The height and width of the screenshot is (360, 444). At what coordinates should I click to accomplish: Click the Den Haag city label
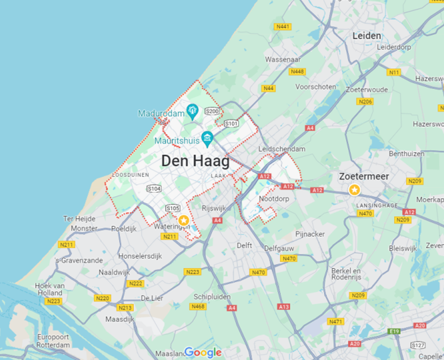195,161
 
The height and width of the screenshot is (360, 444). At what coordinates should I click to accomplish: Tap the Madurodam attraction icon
193,112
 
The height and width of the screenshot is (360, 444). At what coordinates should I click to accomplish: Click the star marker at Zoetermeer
355,189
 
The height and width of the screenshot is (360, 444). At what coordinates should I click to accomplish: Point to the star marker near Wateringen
183,220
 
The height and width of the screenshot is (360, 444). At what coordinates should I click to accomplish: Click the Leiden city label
366,36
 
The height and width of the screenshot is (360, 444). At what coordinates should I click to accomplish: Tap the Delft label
244,246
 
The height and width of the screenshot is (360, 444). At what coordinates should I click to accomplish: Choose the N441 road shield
283,26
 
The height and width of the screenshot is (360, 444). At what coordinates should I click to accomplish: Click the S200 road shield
213,111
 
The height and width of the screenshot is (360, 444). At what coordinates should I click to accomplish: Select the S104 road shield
154,188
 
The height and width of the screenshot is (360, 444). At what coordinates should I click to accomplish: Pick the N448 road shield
297,71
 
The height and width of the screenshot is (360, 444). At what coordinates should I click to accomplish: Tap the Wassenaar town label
283,59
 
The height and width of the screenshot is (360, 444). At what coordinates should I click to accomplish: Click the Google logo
203,352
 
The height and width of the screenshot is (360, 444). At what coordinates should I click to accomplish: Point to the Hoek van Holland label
49,289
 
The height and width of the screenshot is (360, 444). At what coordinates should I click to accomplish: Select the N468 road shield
198,306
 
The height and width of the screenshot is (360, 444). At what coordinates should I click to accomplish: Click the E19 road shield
393,331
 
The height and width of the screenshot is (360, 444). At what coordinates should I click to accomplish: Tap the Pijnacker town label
310,233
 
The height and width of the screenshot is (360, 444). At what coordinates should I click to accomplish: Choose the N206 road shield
365,101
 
